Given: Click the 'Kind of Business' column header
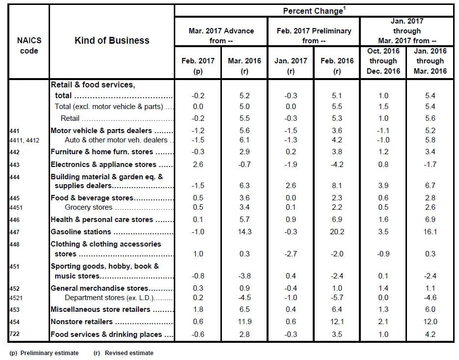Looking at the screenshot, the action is click(x=112, y=40).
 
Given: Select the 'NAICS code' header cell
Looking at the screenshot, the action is click(x=29, y=45).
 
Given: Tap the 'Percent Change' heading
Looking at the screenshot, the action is click(x=314, y=11).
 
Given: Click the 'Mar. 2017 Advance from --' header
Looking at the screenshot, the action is click(x=221, y=36).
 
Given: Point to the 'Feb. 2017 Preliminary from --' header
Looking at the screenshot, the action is click(x=314, y=36).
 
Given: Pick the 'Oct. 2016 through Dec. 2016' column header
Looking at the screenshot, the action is click(x=383, y=61).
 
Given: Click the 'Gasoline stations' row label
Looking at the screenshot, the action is click(x=81, y=232).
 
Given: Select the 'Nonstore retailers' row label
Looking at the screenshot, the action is click(x=81, y=322).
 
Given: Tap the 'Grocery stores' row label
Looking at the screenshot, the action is click(x=88, y=207).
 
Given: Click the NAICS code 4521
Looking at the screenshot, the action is click(x=16, y=298).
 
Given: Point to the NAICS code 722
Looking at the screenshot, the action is click(x=14, y=334).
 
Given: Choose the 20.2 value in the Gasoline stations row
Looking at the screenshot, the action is click(x=337, y=232).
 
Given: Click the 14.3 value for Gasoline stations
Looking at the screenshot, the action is click(x=244, y=232).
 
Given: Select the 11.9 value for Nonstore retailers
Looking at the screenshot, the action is click(x=244, y=322).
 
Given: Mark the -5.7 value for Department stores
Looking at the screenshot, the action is click(x=337, y=298).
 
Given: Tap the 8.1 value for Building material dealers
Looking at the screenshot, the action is click(x=337, y=186).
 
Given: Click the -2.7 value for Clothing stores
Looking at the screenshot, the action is click(x=291, y=253).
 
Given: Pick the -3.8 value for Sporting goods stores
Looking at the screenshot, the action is click(x=244, y=276).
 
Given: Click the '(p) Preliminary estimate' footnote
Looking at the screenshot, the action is click(x=44, y=353).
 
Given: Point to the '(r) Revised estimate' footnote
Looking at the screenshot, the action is click(x=124, y=353).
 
